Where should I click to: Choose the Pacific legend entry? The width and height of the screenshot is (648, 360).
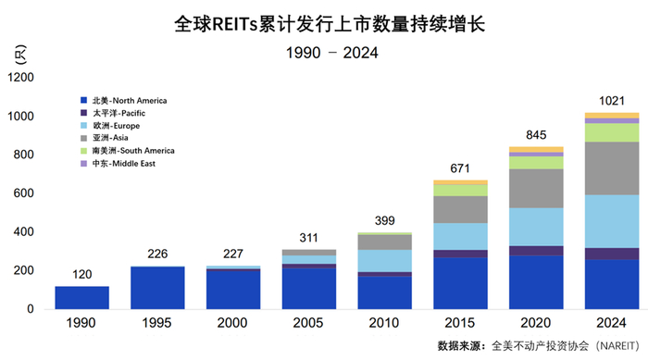point(115,112)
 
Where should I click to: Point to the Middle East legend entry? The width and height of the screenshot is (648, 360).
point(119,163)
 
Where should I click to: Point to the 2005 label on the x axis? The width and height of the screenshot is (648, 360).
point(309,324)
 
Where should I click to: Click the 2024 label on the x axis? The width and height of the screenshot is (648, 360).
point(612,324)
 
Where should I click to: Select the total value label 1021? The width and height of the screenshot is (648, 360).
point(612,101)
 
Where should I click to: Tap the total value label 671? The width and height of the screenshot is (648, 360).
point(460,168)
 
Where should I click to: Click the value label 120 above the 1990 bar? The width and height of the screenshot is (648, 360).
point(81,275)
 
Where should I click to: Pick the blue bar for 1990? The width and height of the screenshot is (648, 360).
point(81,297)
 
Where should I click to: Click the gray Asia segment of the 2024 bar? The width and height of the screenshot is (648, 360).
point(612,168)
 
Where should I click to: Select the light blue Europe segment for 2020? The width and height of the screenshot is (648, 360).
point(536,227)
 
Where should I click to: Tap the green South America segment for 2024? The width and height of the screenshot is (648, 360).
point(612,132)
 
